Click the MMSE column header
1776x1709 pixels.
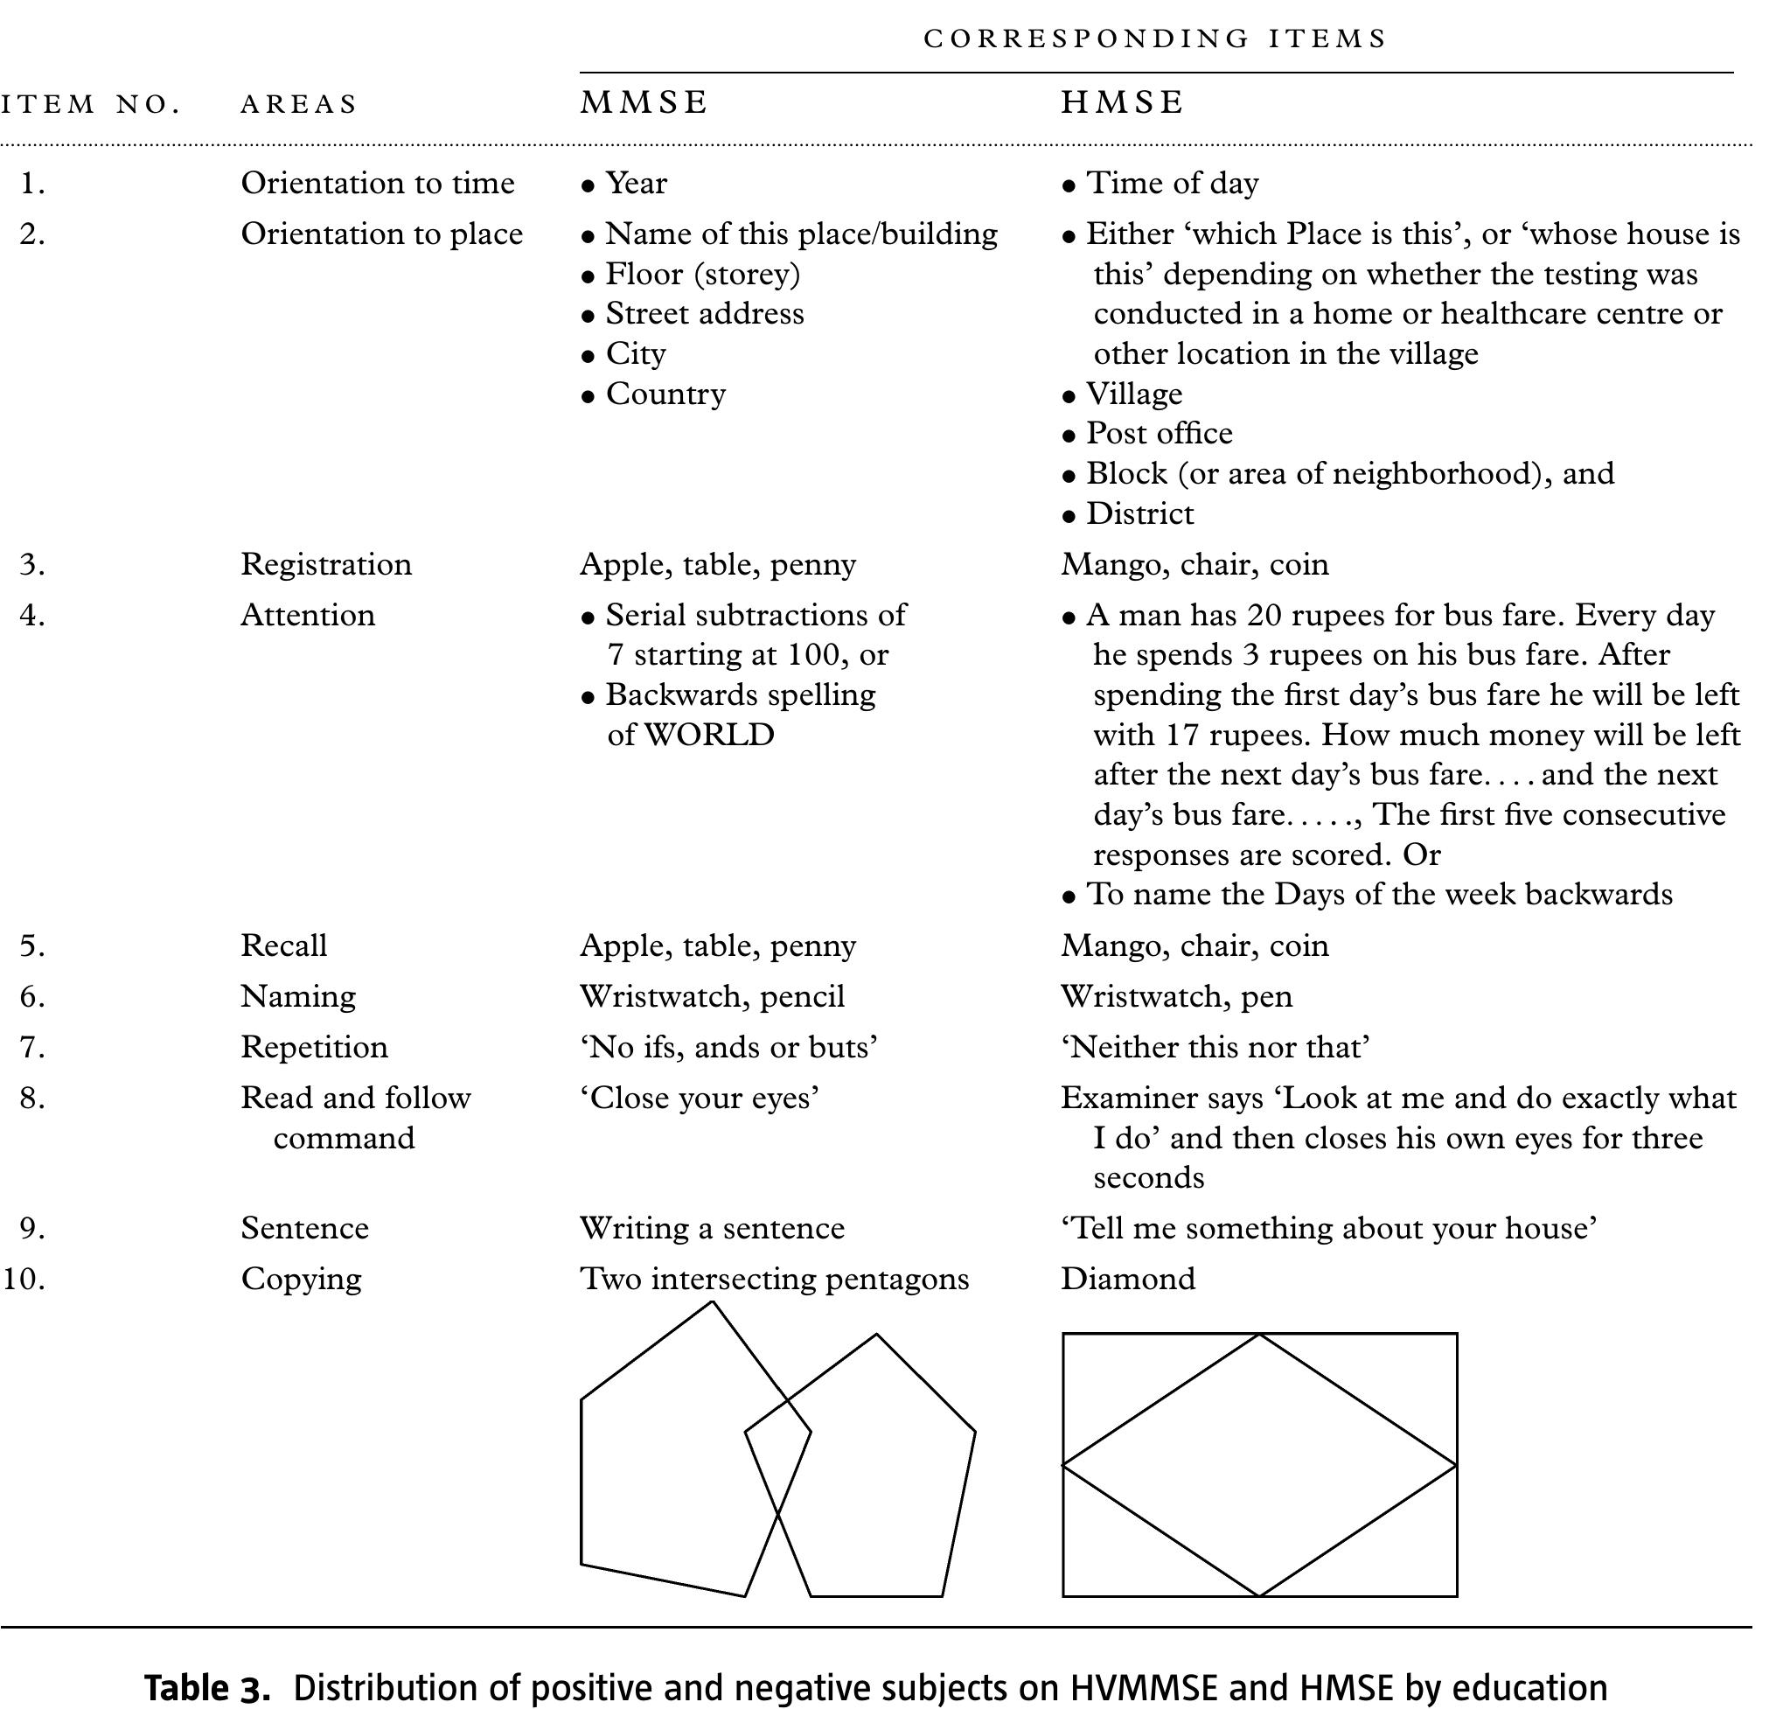[644, 102]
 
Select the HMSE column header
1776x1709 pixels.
[1123, 102]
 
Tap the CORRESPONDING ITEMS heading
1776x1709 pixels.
[1155, 39]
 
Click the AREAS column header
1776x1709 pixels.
[299, 104]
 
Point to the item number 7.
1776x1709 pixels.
[32, 1048]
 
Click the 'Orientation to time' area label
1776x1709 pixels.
[377, 183]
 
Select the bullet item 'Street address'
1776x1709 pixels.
[704, 313]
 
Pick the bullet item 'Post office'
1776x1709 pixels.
[1159, 433]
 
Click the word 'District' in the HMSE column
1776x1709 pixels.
[1140, 513]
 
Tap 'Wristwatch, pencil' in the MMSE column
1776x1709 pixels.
[712, 997]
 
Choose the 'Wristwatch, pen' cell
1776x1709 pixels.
[1176, 997]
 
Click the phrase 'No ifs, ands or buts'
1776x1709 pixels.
[728, 1048]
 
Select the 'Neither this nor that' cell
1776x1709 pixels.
[1215, 1048]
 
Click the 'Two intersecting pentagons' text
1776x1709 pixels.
[774, 1279]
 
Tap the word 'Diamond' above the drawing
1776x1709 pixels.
[1128, 1279]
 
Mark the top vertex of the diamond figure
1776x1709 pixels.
[1259, 1334]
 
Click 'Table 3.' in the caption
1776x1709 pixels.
[207, 1688]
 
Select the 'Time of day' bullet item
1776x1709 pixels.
[1172, 183]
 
